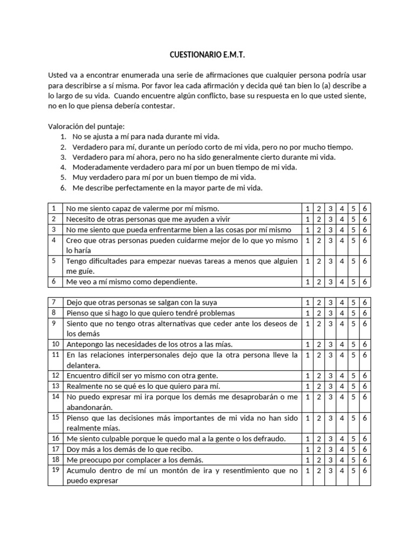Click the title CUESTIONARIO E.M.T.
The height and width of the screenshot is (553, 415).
pos(207,55)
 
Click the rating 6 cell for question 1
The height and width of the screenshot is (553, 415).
pos(365,208)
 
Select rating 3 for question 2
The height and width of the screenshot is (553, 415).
pos(330,219)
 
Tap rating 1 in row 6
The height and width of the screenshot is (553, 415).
pos(306,282)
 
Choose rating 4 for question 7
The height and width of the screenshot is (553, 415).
pos(342,302)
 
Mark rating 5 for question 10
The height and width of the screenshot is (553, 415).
pos(354,345)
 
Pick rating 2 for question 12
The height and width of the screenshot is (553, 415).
pos(318,376)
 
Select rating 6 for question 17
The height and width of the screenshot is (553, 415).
pos(365,449)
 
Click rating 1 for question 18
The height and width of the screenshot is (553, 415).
pos(306,460)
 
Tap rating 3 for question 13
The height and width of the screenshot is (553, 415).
pos(330,386)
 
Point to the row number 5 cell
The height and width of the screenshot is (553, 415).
pos(54,261)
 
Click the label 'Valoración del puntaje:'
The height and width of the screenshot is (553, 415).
pos(86,126)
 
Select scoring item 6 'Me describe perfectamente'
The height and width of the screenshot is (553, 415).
pos(167,188)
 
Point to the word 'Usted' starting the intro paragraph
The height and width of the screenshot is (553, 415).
pos(59,75)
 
